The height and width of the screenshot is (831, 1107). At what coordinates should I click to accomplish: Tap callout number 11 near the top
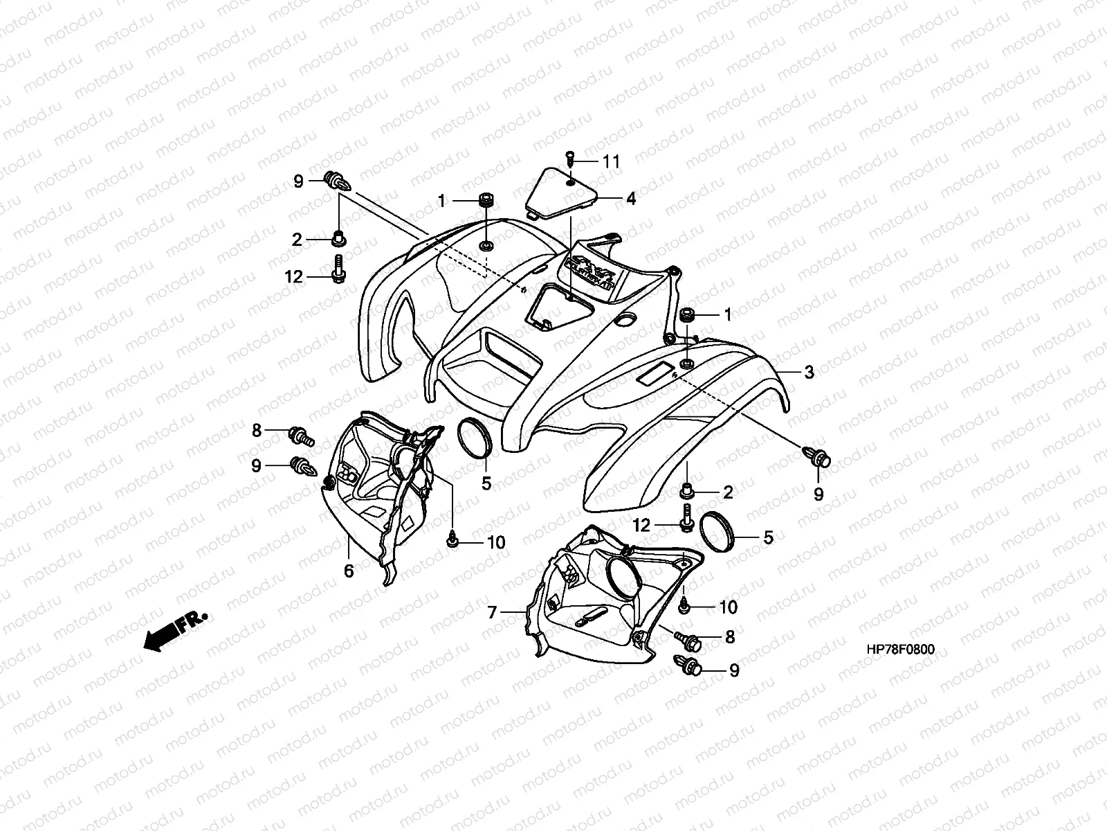611,163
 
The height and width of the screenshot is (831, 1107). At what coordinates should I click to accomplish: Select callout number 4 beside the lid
630,199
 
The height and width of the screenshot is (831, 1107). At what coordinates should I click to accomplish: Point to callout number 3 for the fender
809,373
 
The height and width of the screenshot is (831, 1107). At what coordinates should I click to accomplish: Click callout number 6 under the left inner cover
349,571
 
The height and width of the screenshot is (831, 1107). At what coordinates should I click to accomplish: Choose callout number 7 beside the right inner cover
493,612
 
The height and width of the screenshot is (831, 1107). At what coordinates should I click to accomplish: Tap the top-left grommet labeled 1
486,201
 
